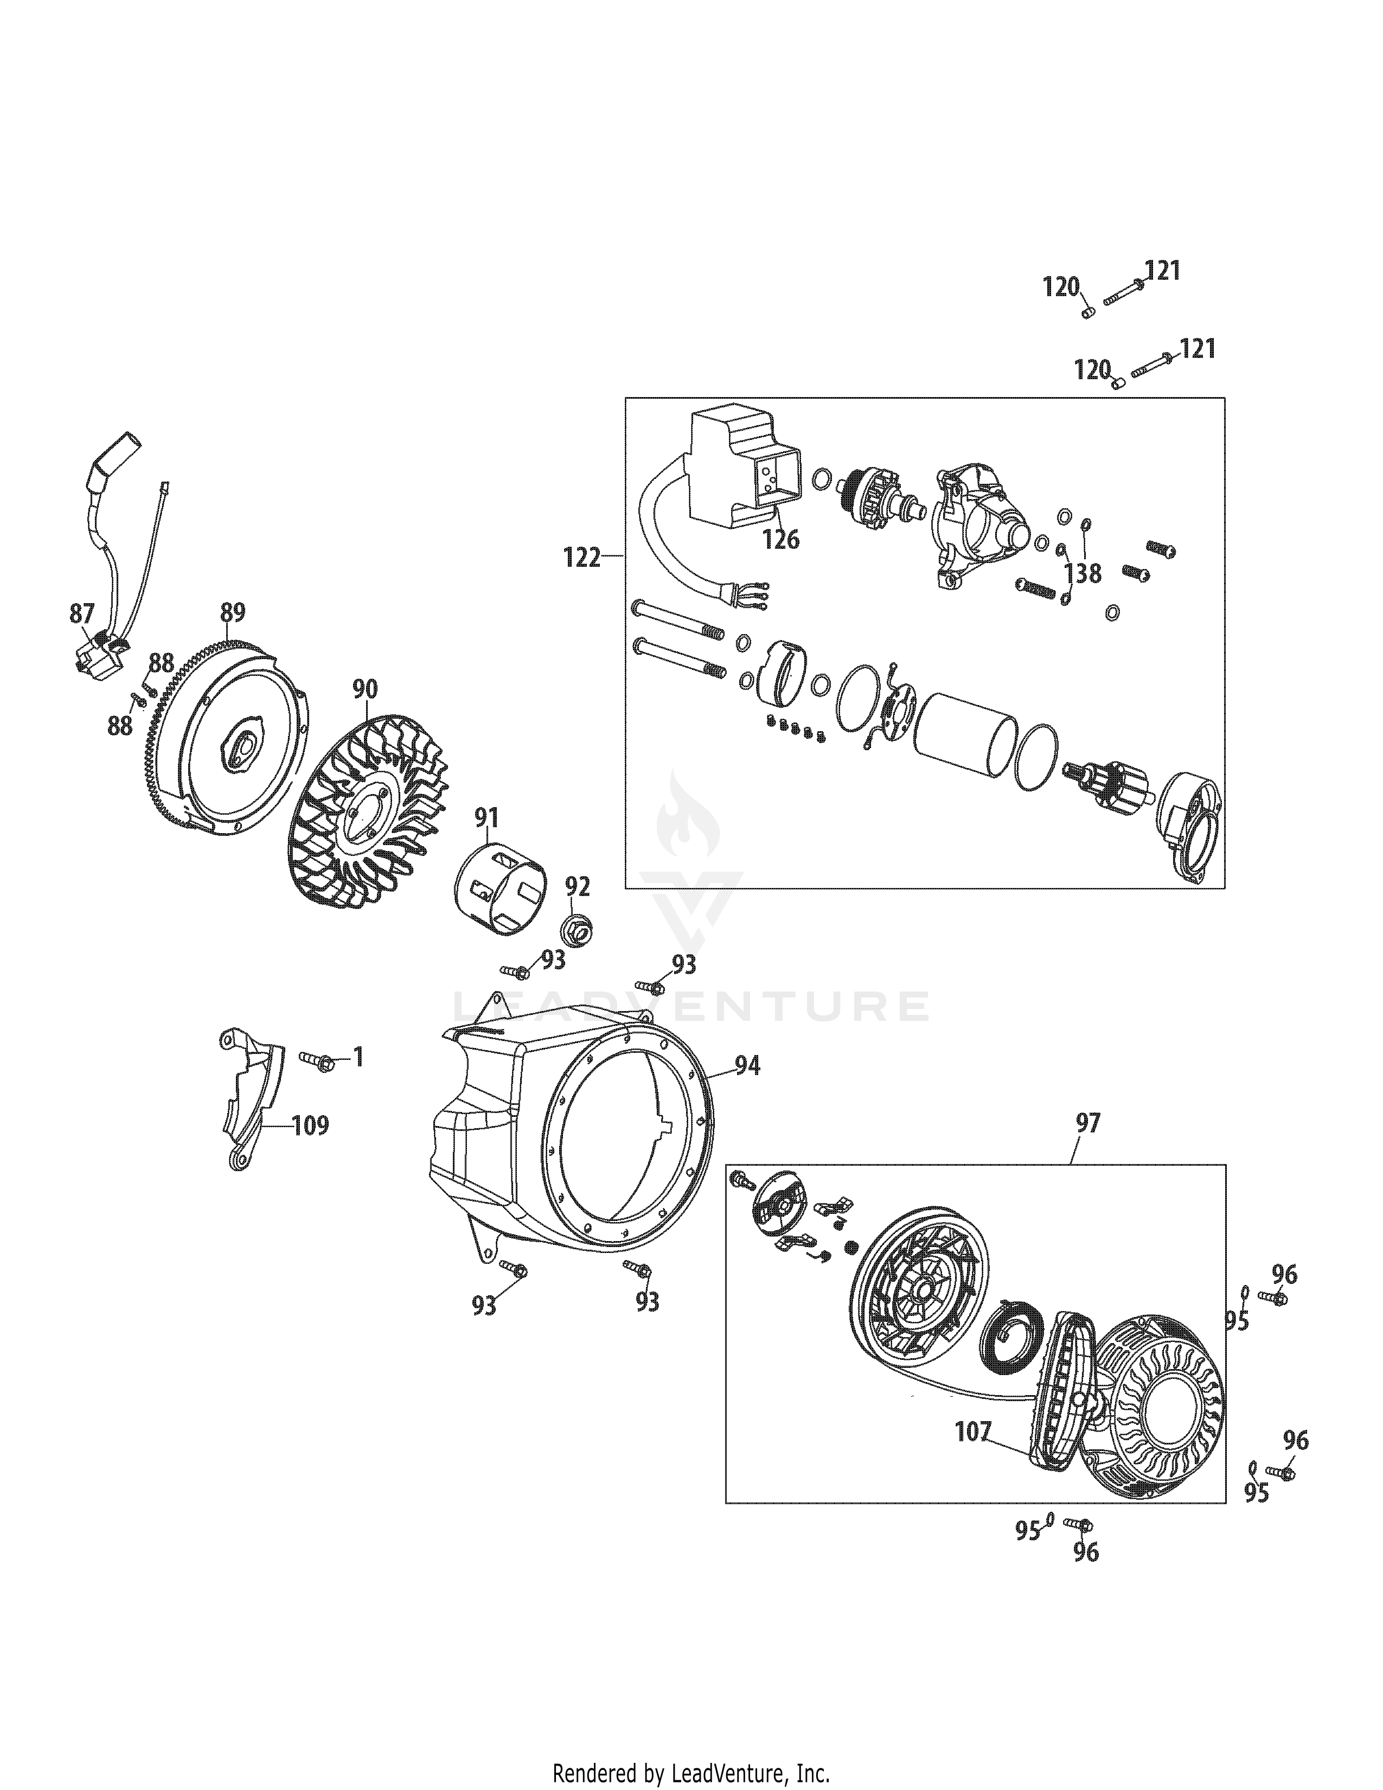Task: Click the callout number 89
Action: [233, 612]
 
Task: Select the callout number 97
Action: [1088, 1123]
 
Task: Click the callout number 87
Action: [82, 613]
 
